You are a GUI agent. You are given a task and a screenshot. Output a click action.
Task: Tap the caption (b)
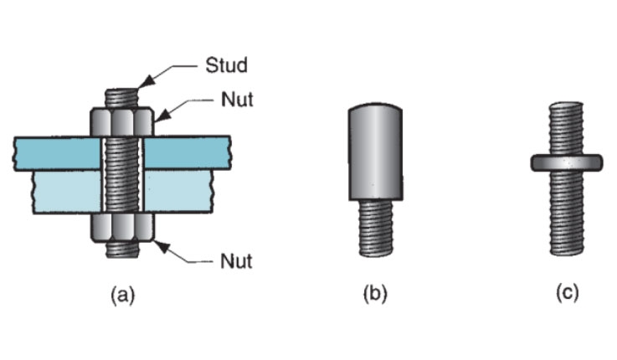point(374,294)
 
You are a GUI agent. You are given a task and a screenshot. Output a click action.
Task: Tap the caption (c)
point(566,294)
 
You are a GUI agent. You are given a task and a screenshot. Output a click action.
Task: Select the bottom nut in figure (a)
point(122,228)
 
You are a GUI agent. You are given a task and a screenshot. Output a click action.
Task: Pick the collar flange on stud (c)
point(567,162)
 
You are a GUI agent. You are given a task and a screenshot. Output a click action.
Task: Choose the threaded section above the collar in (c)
point(567,126)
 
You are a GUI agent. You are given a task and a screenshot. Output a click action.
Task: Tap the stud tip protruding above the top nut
point(122,95)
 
